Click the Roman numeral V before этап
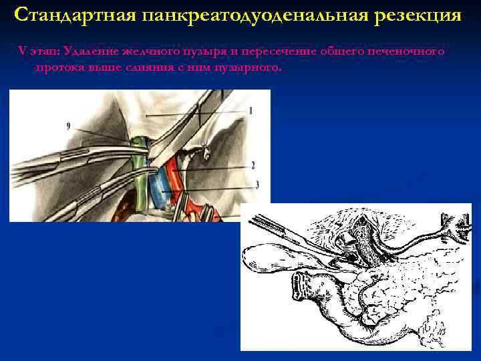[x=20, y=52]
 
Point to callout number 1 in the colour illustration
[x=250, y=110]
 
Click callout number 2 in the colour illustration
[x=253, y=164]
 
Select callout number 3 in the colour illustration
[x=256, y=183]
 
